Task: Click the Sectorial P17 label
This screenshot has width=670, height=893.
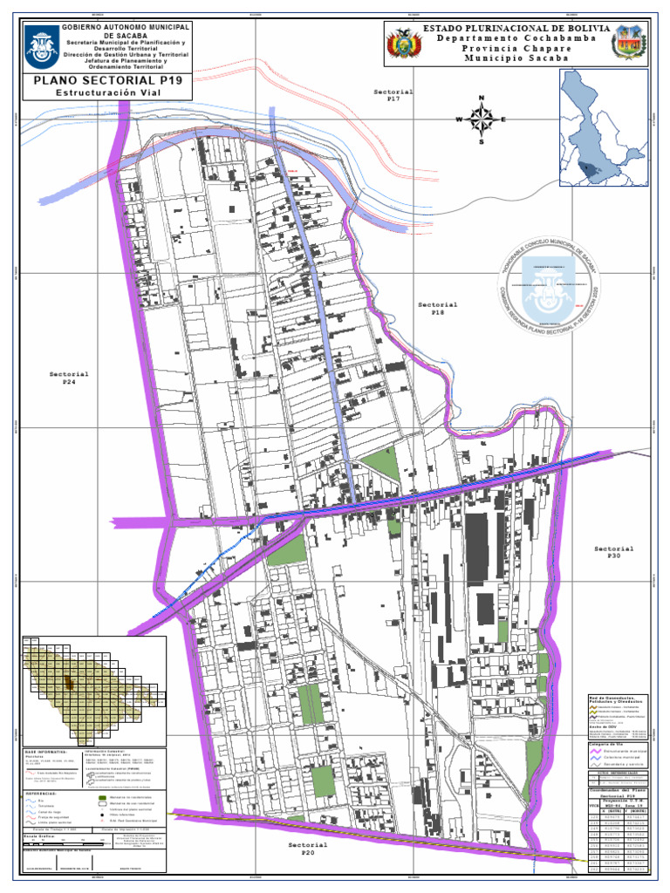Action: point(393,95)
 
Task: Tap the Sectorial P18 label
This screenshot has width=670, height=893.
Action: point(437,309)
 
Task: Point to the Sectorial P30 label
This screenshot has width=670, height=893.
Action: point(614,553)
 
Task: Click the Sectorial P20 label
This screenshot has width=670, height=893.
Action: point(308,849)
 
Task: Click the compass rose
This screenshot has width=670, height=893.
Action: point(481,119)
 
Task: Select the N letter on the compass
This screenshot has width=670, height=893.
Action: point(481,98)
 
